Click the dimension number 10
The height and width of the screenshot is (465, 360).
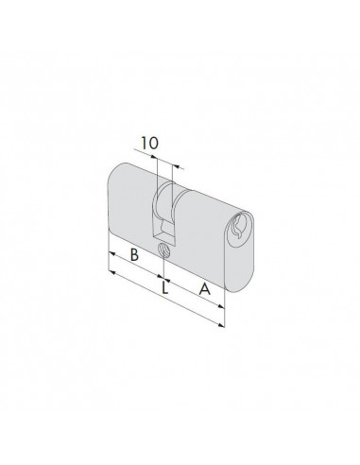click(149, 144)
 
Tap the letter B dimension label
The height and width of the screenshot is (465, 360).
click(134, 254)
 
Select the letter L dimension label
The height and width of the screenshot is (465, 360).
click(164, 287)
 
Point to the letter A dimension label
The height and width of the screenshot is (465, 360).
click(205, 289)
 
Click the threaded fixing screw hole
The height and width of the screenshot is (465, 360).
click(164, 250)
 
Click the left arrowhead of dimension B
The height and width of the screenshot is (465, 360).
click(111, 253)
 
